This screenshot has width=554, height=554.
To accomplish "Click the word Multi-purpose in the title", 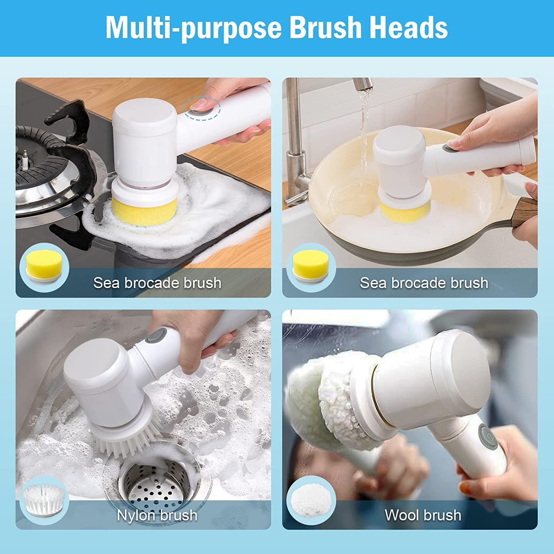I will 194,28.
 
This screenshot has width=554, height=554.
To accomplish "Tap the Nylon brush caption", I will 157,515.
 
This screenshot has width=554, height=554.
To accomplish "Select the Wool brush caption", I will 423,515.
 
